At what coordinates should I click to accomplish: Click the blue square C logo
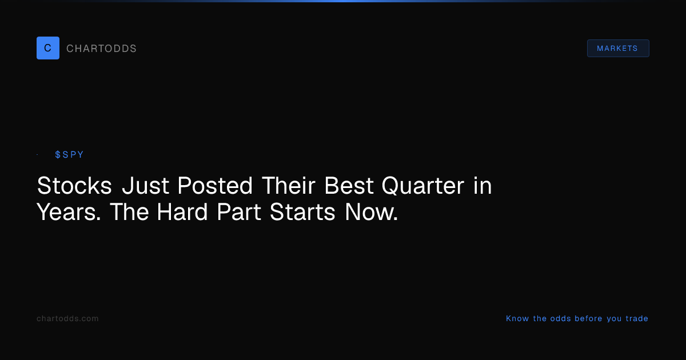coord(48,48)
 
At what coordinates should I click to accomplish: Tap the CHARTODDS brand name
coord(101,49)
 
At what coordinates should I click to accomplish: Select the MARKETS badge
coord(618,49)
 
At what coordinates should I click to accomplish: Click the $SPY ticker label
coord(69,155)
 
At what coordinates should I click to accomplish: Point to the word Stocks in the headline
coord(74,186)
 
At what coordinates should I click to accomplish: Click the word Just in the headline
coord(145,186)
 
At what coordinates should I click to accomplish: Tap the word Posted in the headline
coord(215,186)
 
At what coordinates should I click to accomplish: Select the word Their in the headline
coord(289,186)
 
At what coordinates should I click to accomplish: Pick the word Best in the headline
coord(349,186)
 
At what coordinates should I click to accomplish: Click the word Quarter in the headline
coord(423,186)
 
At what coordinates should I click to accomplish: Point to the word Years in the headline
coord(69,212)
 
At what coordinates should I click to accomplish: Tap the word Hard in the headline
coord(182,212)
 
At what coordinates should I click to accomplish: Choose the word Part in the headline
coord(239,212)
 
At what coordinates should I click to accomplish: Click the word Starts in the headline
coord(302,212)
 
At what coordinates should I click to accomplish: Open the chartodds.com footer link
coord(67,318)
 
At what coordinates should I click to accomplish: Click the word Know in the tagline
coord(517,318)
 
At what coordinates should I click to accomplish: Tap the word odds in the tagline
coord(561,318)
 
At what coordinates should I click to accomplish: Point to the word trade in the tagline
coord(637,318)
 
